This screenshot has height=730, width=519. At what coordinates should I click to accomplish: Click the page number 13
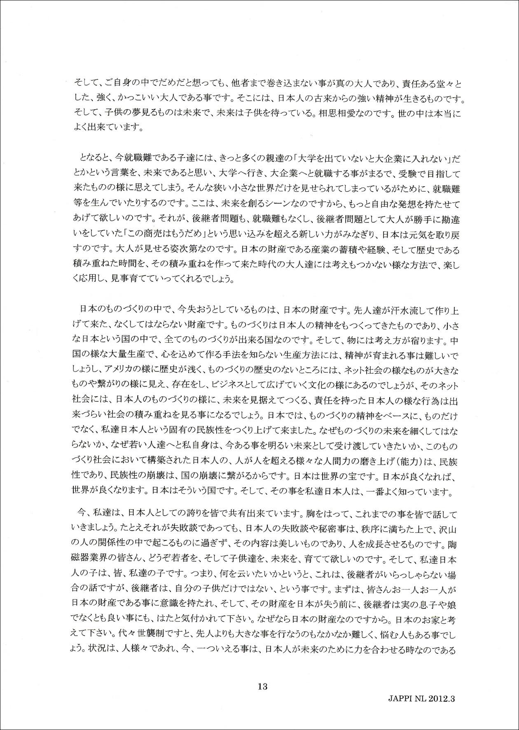(262, 686)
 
